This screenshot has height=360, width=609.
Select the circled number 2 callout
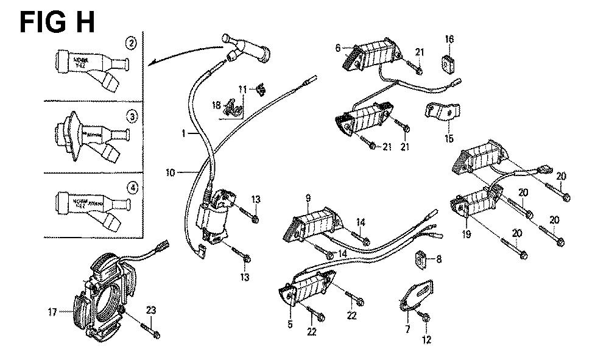point(130,43)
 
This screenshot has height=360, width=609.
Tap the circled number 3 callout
point(130,116)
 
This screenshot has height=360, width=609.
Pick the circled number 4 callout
point(130,187)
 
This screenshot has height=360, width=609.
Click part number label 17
point(53,313)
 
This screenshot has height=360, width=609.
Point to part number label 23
point(152,311)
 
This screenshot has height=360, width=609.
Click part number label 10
point(171,173)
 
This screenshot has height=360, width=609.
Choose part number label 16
point(449,39)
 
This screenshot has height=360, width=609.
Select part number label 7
point(407,329)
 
